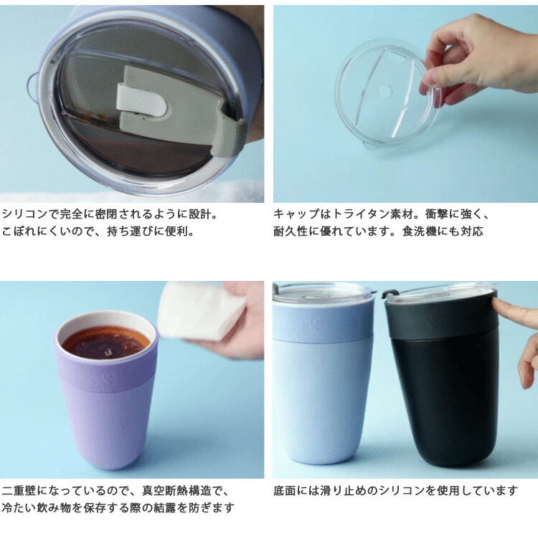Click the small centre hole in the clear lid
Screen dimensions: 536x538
(x=386, y=91)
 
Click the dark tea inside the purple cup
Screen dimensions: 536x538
(x=105, y=342)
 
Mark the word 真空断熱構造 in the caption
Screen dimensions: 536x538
(x=171, y=491)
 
